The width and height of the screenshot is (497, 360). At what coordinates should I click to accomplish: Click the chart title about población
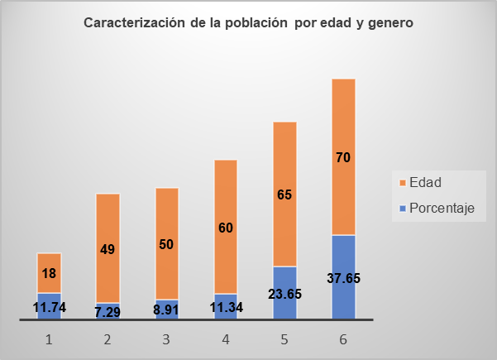tap(248, 23)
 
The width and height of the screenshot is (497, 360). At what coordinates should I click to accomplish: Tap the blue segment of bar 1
tap(49, 300)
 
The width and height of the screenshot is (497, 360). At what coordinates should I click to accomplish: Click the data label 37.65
tap(343, 278)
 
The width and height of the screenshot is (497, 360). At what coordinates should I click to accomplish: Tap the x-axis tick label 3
tap(166, 339)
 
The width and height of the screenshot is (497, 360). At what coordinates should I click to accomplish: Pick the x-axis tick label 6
tap(343, 339)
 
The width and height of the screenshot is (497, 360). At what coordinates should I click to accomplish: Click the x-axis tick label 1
tap(49, 339)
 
